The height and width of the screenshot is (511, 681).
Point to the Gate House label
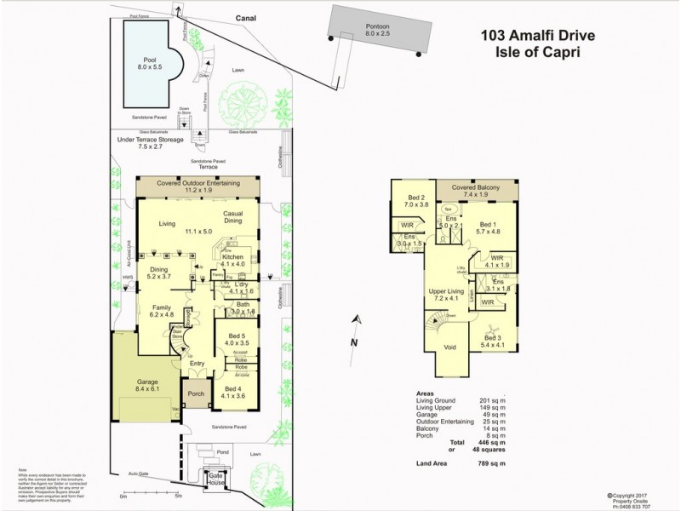pos(209,479)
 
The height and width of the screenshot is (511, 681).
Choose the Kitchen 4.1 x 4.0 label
pos(233,260)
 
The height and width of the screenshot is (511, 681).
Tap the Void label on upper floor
pos(449,347)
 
